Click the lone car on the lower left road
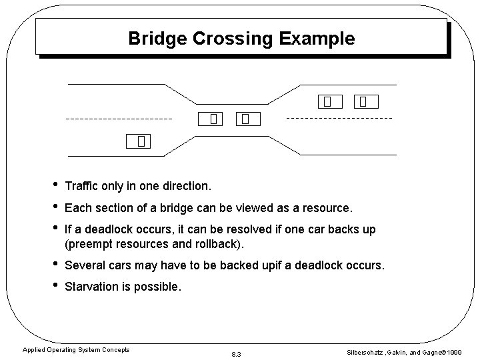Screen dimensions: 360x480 point(141,141)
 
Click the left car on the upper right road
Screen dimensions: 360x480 point(327,102)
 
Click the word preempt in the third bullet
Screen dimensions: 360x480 point(91,243)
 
